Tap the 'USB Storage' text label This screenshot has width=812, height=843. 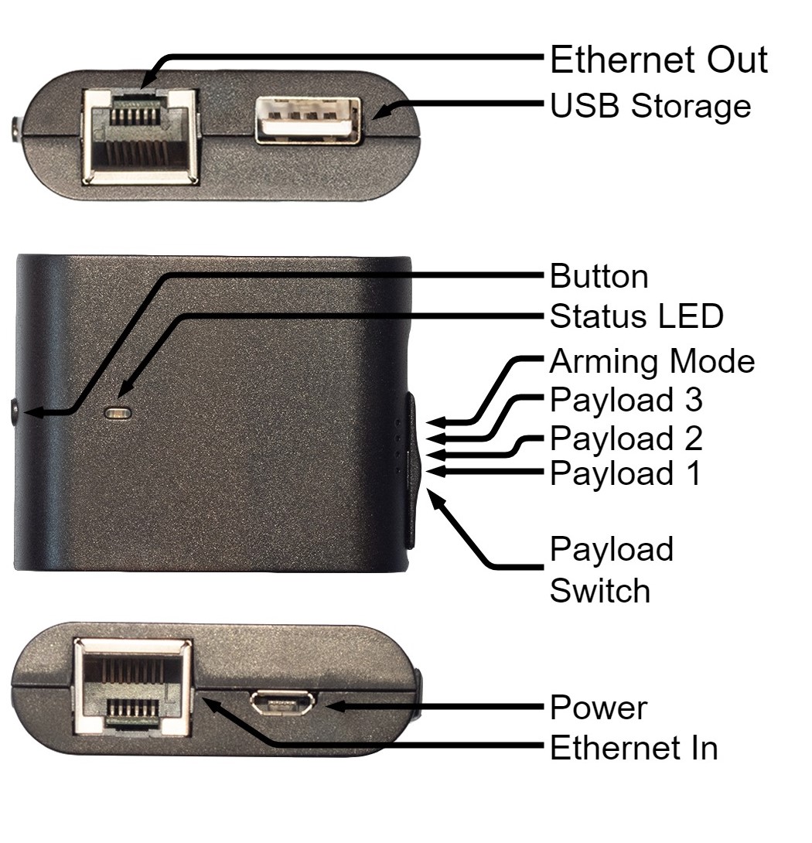click(650, 106)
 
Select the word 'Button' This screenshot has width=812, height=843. click(599, 276)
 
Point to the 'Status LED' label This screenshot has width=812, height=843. click(636, 316)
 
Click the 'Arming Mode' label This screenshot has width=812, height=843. click(652, 361)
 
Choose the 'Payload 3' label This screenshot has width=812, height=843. click(626, 400)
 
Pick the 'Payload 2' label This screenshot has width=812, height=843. click(626, 439)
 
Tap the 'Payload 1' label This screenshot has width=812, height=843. click(625, 473)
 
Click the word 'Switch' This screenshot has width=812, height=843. click(600, 591)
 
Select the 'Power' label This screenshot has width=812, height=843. click(599, 708)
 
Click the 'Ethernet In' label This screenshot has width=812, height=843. click(634, 748)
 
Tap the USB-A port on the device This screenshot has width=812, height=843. click(308, 121)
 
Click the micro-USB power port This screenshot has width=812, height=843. click(282, 705)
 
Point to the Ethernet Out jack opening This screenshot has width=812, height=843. click(140, 138)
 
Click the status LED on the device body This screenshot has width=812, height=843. click(118, 414)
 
